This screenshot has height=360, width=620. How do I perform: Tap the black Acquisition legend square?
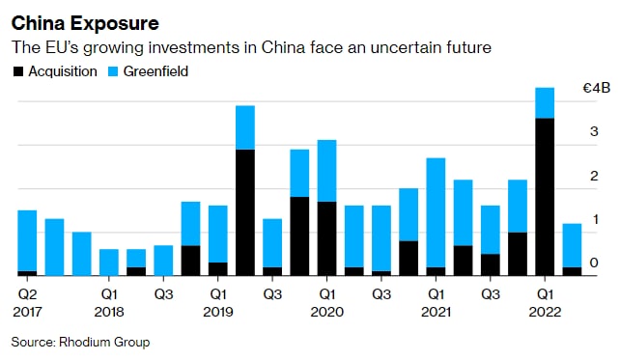(18, 71)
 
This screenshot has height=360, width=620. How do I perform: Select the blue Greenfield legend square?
(113, 71)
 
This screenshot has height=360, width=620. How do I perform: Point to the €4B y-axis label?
(597, 88)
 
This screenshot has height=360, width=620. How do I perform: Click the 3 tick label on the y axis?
(594, 131)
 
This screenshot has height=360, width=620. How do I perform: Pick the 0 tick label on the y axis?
(594, 263)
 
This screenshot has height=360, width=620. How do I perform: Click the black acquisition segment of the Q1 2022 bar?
(545, 197)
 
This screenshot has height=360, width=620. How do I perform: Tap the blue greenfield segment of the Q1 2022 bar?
(545, 102)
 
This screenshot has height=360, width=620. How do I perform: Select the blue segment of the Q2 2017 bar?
(27, 240)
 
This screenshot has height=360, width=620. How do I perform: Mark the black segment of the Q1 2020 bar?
(327, 238)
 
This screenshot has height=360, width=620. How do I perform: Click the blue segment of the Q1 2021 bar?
(436, 212)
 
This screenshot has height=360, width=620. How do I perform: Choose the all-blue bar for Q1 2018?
(109, 263)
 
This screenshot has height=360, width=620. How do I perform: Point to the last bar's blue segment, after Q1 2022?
(572, 245)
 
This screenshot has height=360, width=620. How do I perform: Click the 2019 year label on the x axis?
(218, 312)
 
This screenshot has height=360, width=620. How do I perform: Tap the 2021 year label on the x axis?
(436, 312)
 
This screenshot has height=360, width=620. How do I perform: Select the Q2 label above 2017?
(27, 294)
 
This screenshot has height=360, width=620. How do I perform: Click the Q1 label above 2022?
(545, 294)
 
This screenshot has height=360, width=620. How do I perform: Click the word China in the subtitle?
(283, 47)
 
